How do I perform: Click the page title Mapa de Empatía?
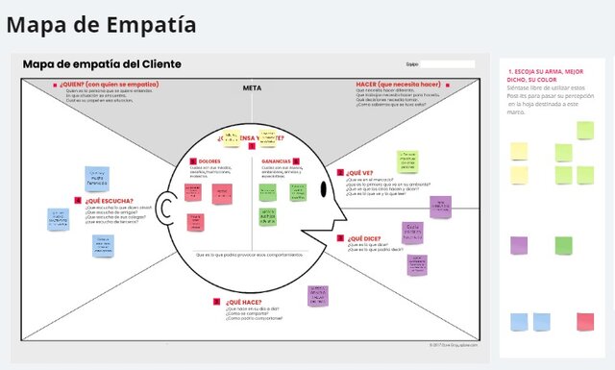coord(101,24)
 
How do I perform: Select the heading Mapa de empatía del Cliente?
coord(102,63)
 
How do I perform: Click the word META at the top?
coord(252,88)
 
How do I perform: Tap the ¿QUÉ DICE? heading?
coord(364,237)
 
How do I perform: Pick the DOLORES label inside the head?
coord(210,160)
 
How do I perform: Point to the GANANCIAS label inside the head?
coord(277,160)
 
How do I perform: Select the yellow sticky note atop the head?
coord(231,138)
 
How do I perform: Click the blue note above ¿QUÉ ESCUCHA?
coord(97,179)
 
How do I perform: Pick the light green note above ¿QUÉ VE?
coord(407,160)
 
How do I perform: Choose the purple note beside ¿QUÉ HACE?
coord(318,295)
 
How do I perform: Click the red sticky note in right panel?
coord(584,321)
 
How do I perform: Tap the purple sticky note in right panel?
coord(519,244)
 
